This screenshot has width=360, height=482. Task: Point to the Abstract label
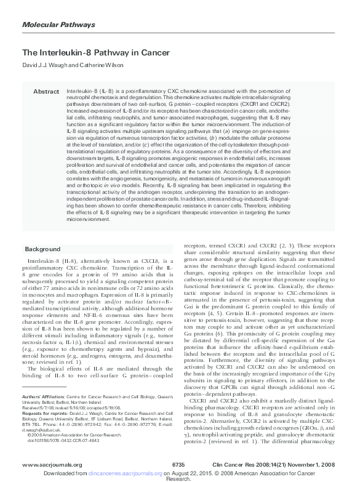point(46,91)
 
